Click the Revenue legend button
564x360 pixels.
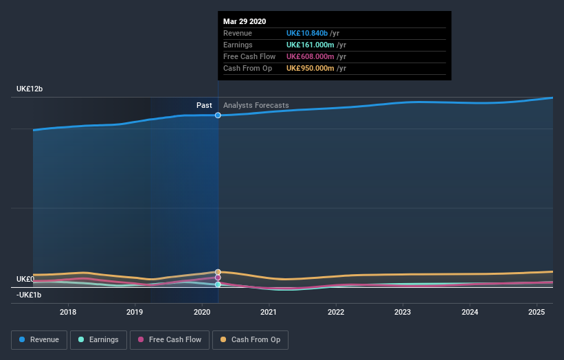pos(39,339)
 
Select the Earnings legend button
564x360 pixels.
pos(98,339)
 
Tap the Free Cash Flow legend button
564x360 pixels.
pos(169,339)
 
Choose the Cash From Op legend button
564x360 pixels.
pos(250,339)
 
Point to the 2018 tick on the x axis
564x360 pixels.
pos(68,312)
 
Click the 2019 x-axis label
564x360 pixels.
pos(135,312)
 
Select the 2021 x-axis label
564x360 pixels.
pos(269,312)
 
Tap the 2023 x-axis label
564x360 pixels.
pos(403,312)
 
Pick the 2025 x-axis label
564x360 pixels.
pos(537,312)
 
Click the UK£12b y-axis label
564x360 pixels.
pos(30,89)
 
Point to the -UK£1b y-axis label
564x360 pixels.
pos(30,295)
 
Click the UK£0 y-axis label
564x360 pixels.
pos(25,279)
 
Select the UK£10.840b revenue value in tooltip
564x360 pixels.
pos(312,33)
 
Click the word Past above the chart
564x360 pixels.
pos(204,105)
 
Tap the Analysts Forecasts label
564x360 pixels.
pos(256,105)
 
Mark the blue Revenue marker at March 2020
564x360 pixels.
pos(218,115)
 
